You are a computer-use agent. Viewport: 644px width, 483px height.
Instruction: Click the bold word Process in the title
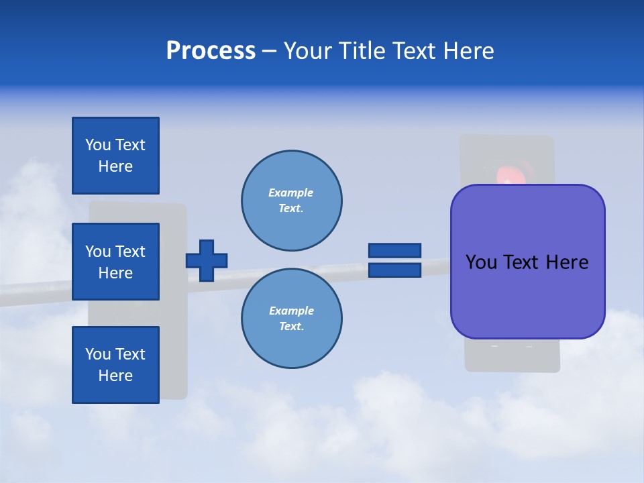211,51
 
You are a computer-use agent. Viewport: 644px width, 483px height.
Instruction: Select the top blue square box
115,156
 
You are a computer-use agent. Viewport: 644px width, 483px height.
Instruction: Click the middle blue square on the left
115,262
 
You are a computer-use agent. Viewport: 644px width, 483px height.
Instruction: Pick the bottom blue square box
115,365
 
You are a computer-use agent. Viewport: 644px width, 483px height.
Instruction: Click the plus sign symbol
207,260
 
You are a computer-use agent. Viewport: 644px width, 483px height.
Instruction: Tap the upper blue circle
292,201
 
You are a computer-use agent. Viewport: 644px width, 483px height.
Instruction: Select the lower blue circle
292,319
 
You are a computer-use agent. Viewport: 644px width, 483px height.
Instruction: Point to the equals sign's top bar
394,250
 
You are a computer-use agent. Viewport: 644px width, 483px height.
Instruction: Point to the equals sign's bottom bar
394,270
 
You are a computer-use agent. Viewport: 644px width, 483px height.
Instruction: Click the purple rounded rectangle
527,295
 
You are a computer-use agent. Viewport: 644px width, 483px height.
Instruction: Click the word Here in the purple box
567,262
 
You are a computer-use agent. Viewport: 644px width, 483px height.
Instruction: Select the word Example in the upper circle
290,193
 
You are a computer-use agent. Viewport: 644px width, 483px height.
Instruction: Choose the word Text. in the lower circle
292,327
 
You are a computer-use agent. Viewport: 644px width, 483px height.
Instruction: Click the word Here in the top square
115,166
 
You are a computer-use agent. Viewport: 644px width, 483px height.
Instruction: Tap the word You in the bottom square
98,354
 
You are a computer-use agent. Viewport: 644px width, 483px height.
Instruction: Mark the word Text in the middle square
130,252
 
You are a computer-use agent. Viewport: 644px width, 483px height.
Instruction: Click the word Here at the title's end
468,51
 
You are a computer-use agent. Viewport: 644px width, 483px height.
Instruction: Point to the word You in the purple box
481,262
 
